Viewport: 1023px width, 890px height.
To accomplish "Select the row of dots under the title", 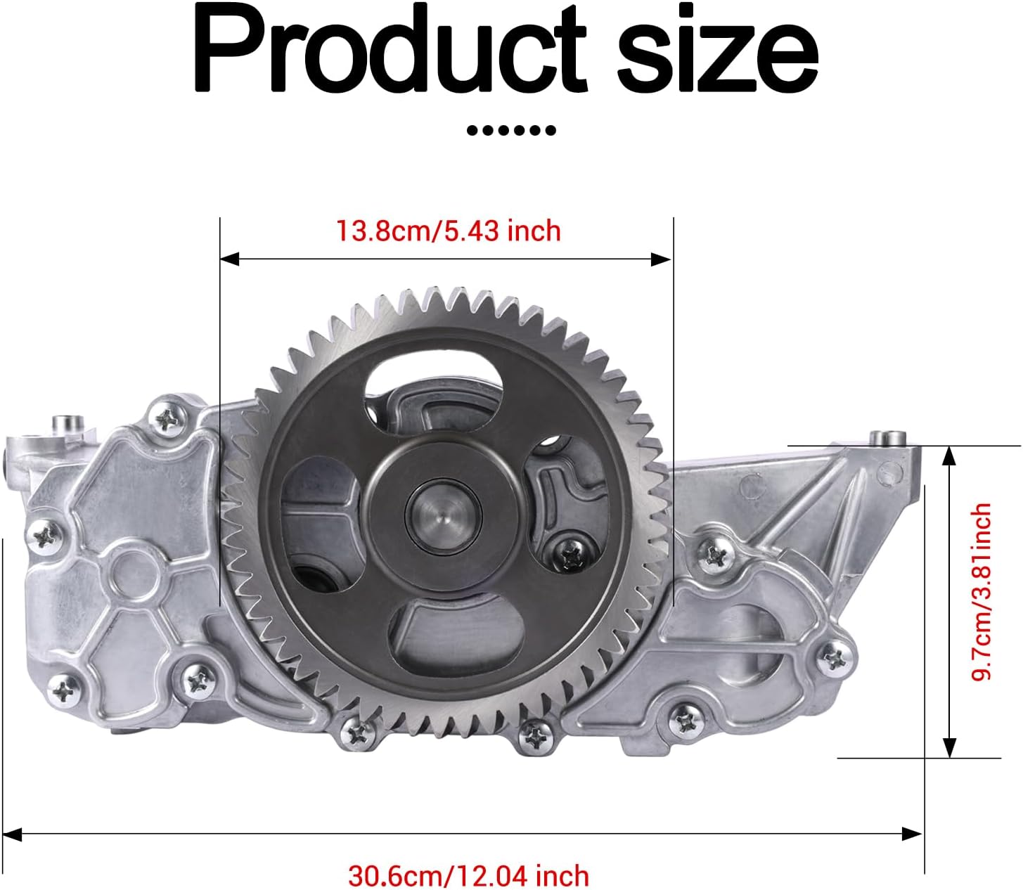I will pos(511,130).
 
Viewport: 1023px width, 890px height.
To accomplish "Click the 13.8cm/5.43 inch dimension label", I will pos(448,231).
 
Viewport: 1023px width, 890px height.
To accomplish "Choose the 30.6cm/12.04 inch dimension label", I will pos(468,876).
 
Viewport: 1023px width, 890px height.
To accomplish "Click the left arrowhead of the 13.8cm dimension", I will pos(229,259).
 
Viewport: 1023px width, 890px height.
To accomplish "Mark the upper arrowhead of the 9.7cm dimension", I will pos(949,455).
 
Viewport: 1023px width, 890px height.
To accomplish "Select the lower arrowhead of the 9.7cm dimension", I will pos(949,748).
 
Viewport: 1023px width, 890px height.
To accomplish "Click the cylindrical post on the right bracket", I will pos(885,438).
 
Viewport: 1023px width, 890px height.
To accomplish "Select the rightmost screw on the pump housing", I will pos(836,658).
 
